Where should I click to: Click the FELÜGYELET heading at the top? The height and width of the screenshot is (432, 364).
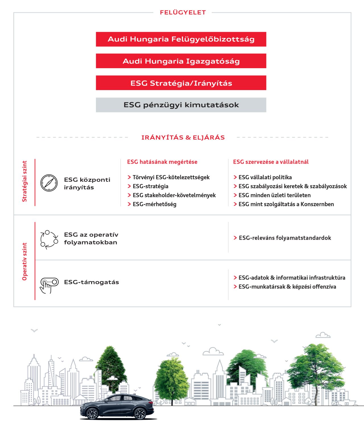[183, 13]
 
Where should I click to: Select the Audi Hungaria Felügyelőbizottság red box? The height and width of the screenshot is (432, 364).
[181, 39]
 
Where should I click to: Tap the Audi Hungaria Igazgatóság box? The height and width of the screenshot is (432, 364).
[181, 61]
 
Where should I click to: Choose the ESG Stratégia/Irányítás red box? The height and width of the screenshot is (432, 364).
[181, 83]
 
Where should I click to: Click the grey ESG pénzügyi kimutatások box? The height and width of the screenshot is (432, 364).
[181, 105]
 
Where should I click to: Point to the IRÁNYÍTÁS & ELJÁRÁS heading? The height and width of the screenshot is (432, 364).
[183, 138]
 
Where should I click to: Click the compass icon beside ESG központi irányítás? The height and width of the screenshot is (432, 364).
[49, 183]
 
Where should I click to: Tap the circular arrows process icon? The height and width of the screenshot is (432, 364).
[49, 240]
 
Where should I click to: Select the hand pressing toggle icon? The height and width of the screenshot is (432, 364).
[49, 285]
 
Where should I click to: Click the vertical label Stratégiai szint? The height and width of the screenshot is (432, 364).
[25, 181]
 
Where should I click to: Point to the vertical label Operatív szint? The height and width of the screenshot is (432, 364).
[25, 261]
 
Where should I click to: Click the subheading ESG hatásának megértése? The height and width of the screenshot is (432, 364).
[162, 162]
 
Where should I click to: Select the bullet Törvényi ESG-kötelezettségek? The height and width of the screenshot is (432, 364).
[171, 177]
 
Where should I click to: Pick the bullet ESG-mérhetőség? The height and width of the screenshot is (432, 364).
[154, 204]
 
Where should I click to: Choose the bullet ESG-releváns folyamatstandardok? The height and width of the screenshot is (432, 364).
[285, 238]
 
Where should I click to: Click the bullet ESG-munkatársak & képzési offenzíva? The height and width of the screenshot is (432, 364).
[287, 287]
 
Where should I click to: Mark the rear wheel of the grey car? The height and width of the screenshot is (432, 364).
[140, 414]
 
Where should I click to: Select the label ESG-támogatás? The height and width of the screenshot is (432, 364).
[91, 282]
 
